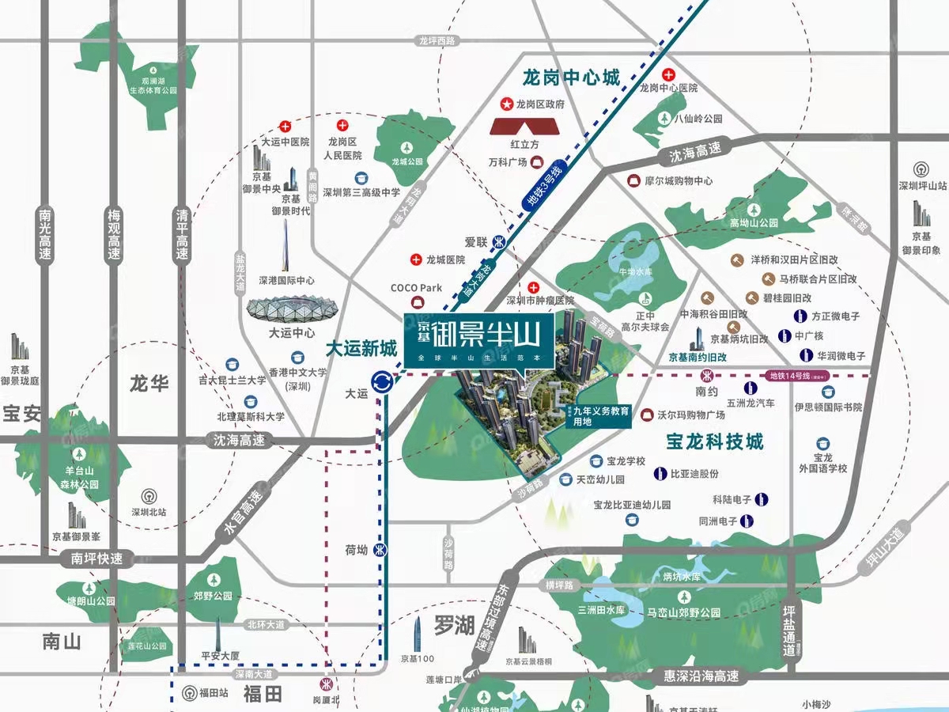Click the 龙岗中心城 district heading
pos(571,78)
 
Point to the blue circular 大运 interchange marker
pos(384,382)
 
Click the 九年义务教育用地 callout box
pos(600,416)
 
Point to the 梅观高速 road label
pos(115,235)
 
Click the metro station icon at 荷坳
pos(380,549)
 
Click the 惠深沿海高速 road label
pos(701,677)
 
